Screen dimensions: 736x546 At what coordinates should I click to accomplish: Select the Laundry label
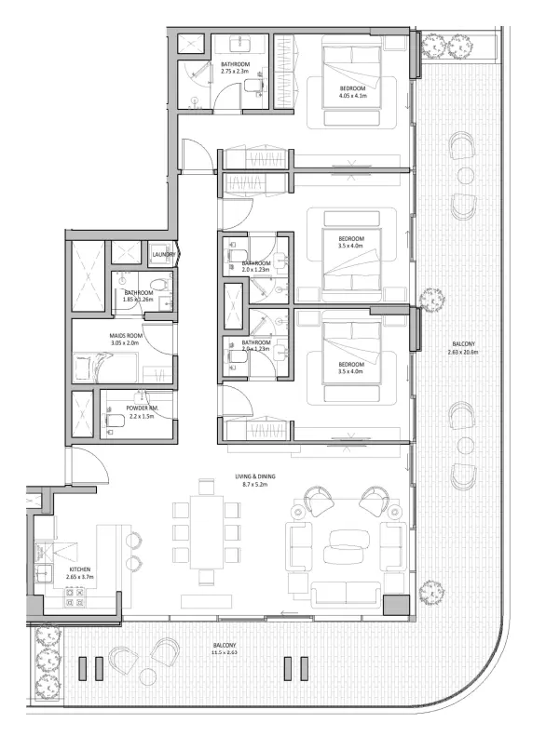164,254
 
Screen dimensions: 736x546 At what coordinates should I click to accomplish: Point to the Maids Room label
124,336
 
